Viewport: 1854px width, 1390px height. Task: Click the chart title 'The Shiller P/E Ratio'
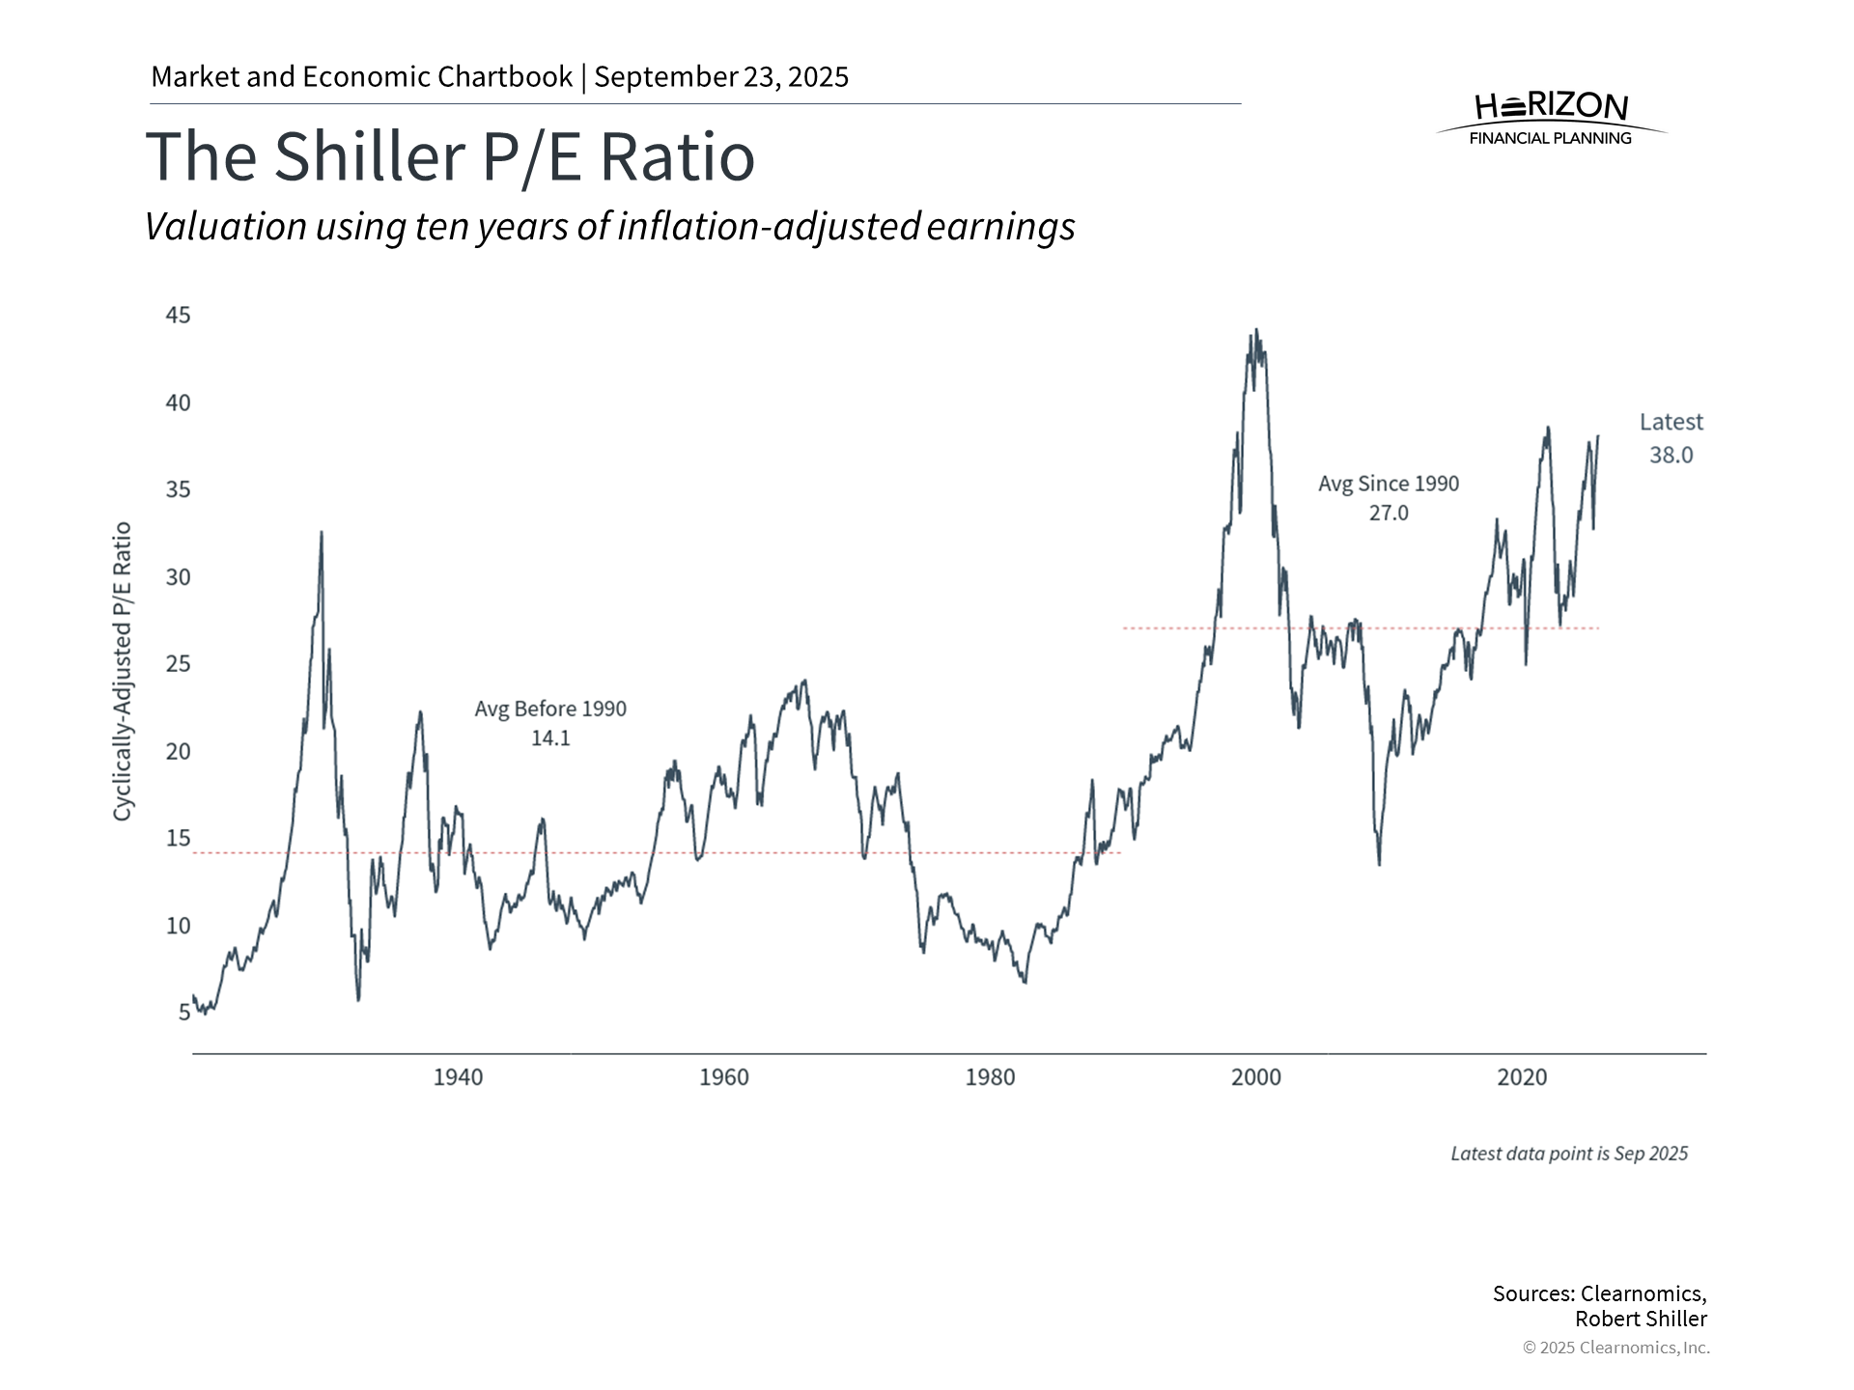pos(450,156)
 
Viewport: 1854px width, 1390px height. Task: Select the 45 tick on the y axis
pos(179,316)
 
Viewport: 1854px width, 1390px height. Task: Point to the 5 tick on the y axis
pos(184,1012)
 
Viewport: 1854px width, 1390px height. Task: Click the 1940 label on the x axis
pos(458,1077)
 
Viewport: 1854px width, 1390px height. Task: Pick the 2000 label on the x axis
pos(1255,1077)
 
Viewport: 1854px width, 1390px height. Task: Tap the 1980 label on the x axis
pos(990,1077)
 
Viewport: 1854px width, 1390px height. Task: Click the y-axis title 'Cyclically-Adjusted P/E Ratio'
pos(122,672)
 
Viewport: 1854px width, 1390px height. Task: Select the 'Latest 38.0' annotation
pos(1671,438)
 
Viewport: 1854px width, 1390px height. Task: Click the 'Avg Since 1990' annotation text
pos(1389,484)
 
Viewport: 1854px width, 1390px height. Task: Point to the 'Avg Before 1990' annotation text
pos(550,709)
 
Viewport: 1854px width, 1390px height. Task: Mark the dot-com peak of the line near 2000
pos(1255,331)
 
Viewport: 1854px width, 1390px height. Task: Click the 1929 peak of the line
pos(322,533)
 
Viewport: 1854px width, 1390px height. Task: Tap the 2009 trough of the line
pos(1379,863)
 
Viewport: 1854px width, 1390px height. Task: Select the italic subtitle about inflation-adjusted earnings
pos(609,227)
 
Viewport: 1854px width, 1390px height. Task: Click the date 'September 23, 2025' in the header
pos(721,77)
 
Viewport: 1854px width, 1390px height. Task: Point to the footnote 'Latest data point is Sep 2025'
pos(1569,1154)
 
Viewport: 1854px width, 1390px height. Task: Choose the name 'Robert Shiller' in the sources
pos(1641,1319)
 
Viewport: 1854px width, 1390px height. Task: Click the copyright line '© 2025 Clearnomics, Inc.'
pos(1615,1348)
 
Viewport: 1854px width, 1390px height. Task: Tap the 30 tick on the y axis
pos(179,577)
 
